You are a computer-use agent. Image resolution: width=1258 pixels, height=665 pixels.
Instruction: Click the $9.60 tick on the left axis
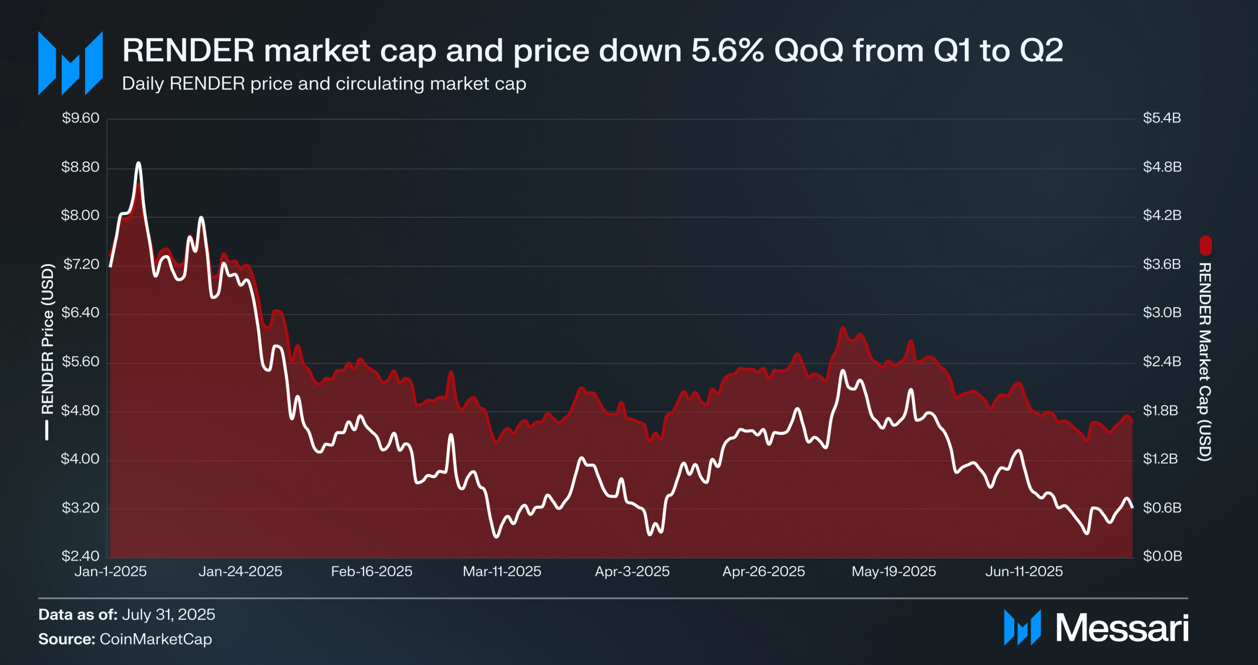(80, 118)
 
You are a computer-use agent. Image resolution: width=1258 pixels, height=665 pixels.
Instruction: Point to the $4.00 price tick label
(80, 459)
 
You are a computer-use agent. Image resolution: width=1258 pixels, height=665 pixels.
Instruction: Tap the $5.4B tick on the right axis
(1162, 118)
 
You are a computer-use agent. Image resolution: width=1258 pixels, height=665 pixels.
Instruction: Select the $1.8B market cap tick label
(1161, 410)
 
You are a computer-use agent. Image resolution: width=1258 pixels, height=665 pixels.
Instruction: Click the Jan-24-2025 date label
(240, 572)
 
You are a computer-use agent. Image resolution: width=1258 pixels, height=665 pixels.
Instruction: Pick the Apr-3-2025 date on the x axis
(632, 572)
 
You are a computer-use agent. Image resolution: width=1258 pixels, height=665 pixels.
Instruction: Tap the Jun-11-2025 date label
(1024, 572)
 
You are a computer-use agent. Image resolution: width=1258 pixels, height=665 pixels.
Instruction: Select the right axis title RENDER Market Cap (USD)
(1205, 362)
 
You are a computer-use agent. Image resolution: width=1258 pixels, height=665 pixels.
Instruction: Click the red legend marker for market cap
(1206, 245)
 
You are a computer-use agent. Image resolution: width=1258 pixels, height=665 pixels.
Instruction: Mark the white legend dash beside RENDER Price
(47, 430)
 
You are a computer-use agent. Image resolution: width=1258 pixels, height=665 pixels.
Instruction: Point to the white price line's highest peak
(139, 163)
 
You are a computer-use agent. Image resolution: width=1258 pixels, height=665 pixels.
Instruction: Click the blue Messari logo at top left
(70, 63)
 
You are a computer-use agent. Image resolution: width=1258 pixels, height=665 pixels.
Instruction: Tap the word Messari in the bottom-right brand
(1122, 628)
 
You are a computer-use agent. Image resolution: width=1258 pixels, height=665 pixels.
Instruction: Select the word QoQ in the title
(809, 50)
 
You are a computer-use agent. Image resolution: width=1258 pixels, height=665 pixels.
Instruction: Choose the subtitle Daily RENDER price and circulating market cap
(324, 84)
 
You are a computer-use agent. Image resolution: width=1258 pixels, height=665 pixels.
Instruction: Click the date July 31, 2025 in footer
(169, 615)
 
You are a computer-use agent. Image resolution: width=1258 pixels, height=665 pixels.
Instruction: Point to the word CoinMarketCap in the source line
(156, 639)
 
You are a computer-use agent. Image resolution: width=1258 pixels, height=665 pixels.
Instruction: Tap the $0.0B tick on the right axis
(1162, 556)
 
